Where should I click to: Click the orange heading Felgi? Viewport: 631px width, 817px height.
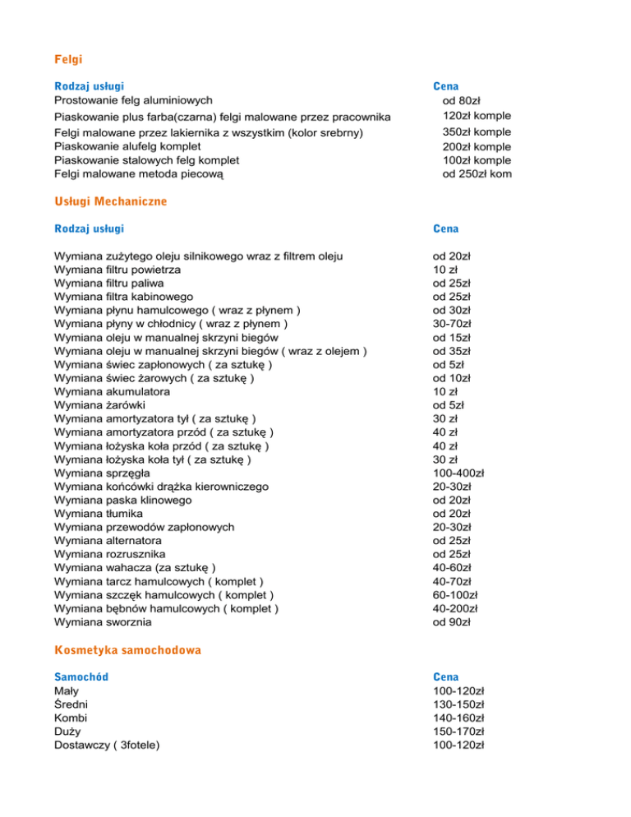click(68, 60)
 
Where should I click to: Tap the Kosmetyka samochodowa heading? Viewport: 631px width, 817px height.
click(127, 649)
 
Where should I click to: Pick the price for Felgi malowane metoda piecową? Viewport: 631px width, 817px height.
click(472, 174)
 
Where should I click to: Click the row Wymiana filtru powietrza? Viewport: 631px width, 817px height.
click(117, 270)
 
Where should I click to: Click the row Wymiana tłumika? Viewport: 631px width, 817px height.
click(101, 514)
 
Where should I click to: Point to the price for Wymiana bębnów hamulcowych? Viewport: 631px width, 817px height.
click(458, 609)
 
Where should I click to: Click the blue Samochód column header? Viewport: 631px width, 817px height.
click(81, 676)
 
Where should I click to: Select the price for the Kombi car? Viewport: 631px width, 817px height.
click(458, 718)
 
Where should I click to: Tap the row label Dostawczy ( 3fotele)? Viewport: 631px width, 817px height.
click(107, 745)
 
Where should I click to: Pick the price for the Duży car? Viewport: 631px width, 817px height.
click(458, 732)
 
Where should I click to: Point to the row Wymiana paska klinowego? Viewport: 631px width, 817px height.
click(122, 501)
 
